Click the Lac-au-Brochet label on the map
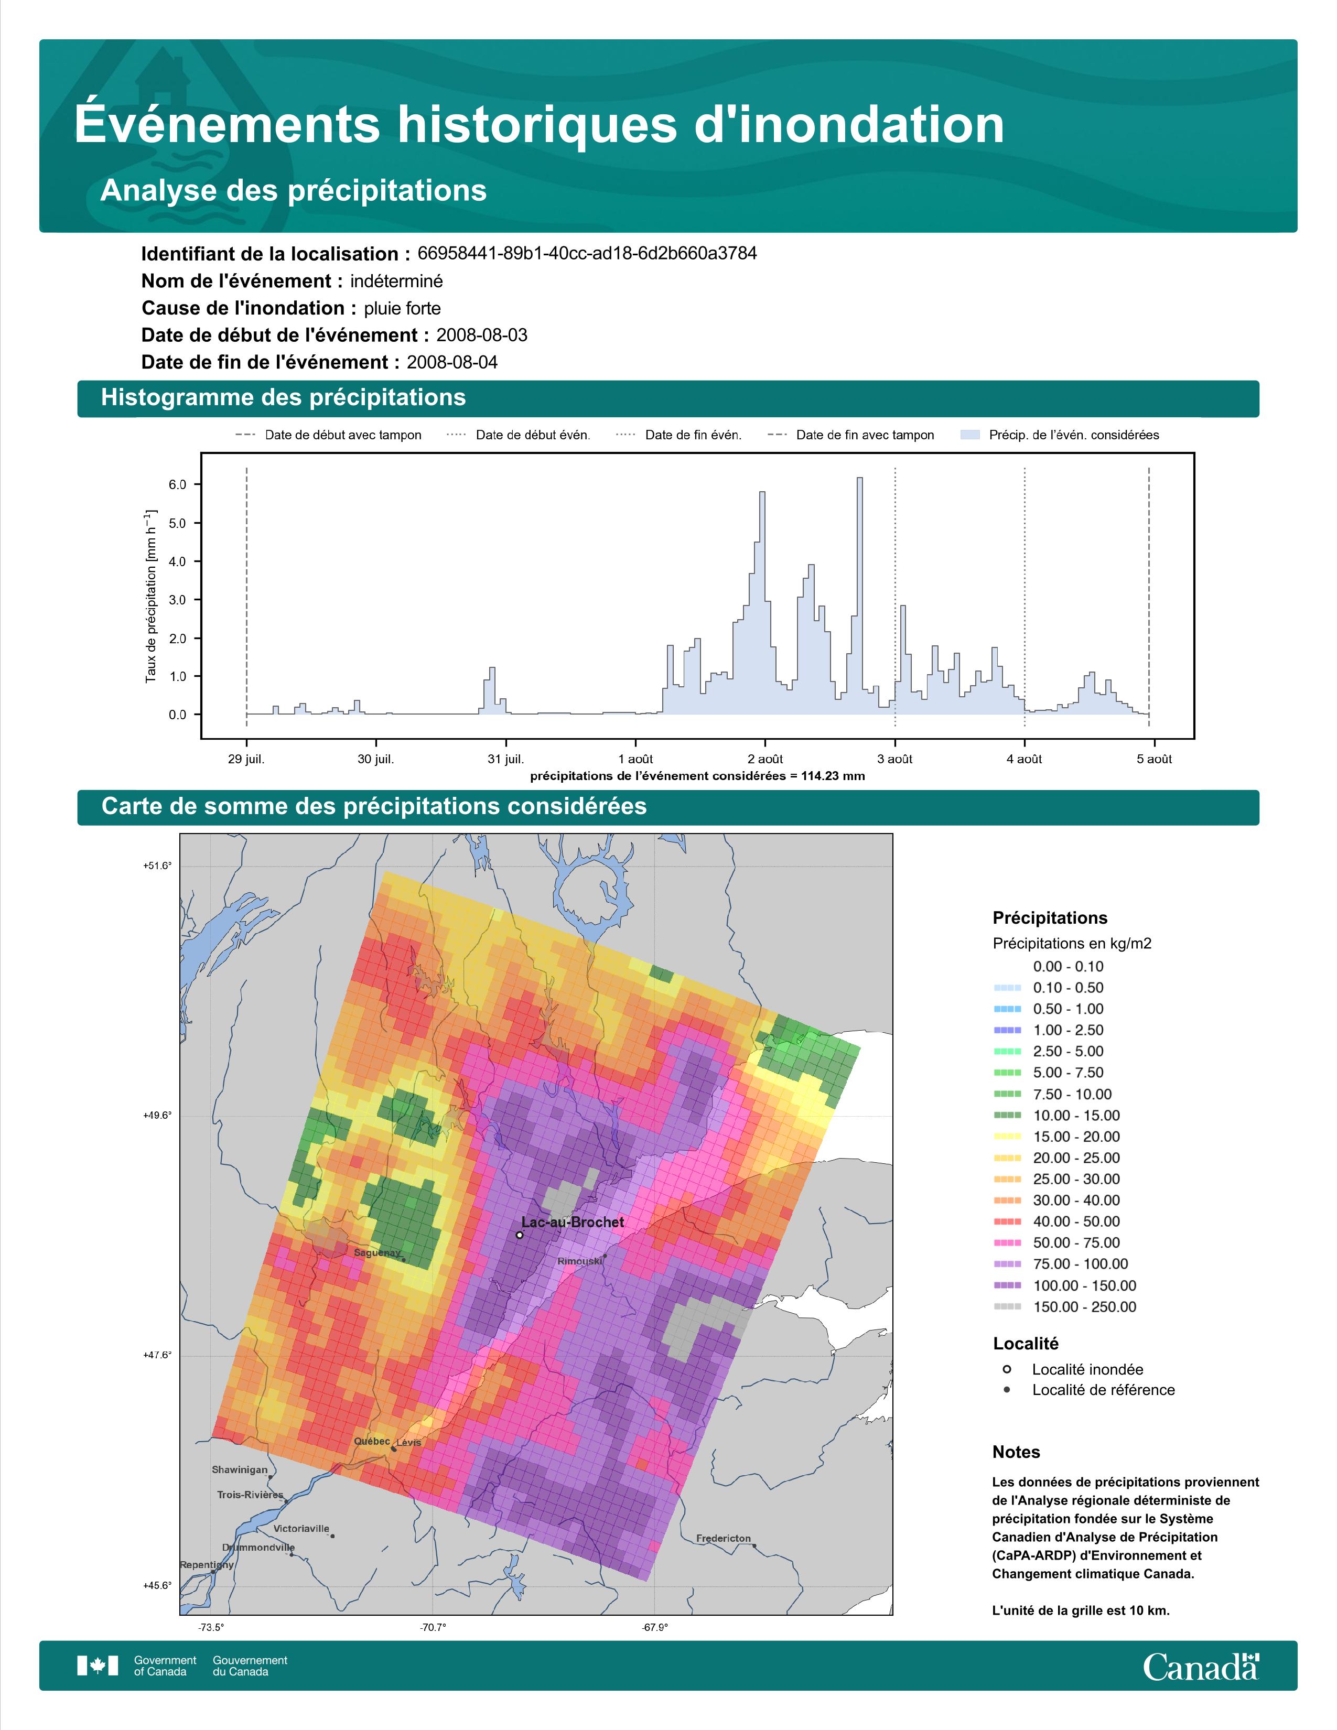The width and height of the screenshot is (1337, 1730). point(573,1222)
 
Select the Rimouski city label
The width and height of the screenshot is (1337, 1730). point(579,1261)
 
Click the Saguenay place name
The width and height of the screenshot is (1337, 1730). point(377,1253)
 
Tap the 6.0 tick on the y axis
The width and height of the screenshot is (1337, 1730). point(177,485)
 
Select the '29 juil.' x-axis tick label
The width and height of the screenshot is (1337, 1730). point(246,759)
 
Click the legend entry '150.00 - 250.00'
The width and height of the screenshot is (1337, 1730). point(1084,1307)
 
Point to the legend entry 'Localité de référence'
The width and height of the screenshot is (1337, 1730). point(1103,1390)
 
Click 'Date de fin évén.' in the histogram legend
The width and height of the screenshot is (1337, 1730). point(693,435)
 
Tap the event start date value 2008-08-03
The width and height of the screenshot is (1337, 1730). point(481,335)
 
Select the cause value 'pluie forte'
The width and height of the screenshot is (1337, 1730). point(402,308)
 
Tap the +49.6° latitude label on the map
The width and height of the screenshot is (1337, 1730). point(157,1115)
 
